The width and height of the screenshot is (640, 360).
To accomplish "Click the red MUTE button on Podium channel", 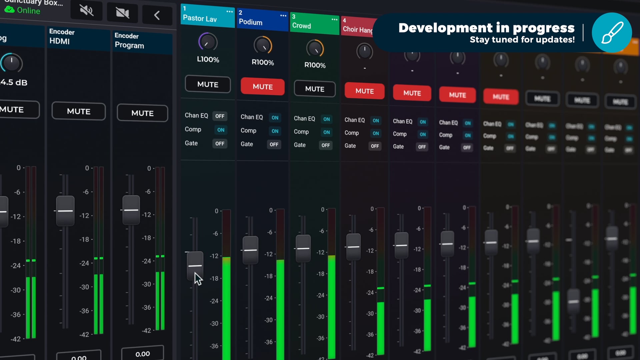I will [x=262, y=87].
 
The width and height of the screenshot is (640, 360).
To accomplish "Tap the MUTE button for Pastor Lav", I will [x=208, y=84].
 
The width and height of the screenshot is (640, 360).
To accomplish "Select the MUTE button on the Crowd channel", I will [x=314, y=89].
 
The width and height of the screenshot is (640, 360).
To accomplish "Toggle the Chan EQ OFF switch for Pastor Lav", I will [x=220, y=116].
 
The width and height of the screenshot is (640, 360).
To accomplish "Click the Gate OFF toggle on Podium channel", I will [x=274, y=144].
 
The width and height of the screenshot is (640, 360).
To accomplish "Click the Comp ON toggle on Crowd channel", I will [x=326, y=132].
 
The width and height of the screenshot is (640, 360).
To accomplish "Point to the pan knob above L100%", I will [x=208, y=42].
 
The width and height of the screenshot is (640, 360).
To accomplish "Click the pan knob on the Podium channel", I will [x=263, y=46].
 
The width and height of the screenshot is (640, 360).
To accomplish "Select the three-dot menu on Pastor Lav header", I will [x=229, y=12].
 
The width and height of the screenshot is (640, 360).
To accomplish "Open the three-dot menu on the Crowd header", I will [x=334, y=20].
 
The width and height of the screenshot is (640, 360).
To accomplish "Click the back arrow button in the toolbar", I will [x=157, y=15].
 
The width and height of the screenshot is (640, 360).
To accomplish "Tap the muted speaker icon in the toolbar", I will [x=86, y=10].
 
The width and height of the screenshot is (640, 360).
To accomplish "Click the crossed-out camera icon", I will [x=122, y=13].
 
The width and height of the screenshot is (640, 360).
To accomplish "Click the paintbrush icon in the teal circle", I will [x=612, y=33].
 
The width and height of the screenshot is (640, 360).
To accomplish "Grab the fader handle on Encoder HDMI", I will [x=65, y=211].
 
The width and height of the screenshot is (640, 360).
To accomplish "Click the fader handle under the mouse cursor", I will [x=195, y=265].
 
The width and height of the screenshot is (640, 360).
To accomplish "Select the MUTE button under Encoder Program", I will [x=142, y=113].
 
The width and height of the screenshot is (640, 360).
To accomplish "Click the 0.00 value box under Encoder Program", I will [x=142, y=354].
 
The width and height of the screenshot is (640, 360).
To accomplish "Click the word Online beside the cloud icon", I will [x=29, y=11].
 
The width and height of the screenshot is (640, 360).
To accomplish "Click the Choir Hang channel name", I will [x=358, y=30].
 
